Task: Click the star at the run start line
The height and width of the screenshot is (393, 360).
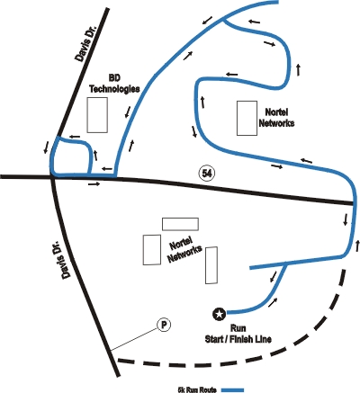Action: click(x=220, y=314)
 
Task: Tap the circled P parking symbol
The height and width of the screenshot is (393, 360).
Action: click(x=164, y=325)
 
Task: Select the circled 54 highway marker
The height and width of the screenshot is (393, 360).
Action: click(x=207, y=174)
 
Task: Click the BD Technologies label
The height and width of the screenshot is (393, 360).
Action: click(x=114, y=84)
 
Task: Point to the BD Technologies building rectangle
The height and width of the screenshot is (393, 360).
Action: click(x=97, y=115)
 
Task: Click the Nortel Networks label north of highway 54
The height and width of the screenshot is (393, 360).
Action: click(x=276, y=118)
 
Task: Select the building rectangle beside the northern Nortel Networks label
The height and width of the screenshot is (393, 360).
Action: click(x=247, y=118)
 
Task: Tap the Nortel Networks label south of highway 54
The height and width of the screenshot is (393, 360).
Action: click(x=184, y=249)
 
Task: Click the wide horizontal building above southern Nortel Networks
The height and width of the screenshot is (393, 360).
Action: click(x=180, y=224)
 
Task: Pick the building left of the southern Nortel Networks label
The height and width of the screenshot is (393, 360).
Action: click(x=152, y=250)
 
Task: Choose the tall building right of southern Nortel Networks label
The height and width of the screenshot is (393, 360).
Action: click(x=211, y=265)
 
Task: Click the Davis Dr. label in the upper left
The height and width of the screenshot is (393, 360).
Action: click(x=85, y=44)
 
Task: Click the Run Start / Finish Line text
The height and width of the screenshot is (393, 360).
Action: click(x=238, y=334)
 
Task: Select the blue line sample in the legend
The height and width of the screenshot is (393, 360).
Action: click(x=233, y=389)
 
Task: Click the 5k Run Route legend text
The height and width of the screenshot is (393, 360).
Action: click(x=197, y=389)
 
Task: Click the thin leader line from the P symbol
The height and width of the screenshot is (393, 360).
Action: click(x=134, y=339)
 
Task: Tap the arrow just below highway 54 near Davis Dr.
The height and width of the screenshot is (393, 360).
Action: click(x=94, y=184)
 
